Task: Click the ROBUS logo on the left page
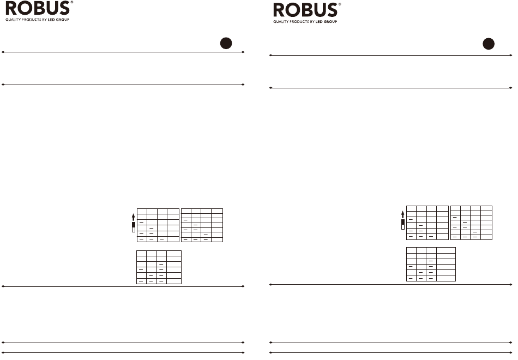(37, 10)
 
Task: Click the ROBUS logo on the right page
(305, 10)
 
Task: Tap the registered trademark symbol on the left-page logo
(72, 3)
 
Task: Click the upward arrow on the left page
(133, 216)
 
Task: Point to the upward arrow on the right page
(403, 213)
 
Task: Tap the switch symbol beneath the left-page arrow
(133, 227)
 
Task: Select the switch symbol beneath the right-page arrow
(403, 224)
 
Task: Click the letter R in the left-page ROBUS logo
(11, 10)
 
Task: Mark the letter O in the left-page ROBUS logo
(25, 10)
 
